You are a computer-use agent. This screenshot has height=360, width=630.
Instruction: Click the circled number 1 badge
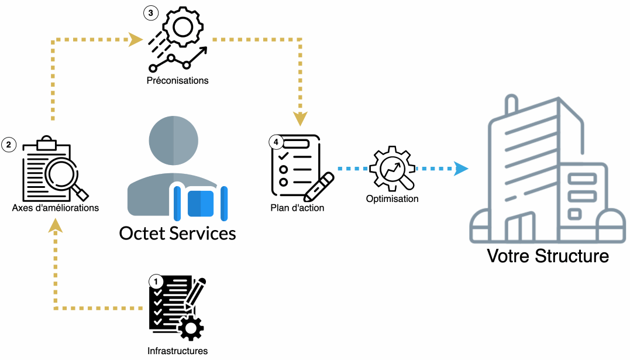(x=156, y=282)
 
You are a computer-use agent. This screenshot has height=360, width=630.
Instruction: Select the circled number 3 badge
(x=150, y=13)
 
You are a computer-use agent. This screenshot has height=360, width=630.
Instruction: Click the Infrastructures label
(x=177, y=351)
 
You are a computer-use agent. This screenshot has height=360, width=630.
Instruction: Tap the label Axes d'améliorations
(x=56, y=208)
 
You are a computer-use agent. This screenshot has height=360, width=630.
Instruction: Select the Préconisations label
(x=177, y=80)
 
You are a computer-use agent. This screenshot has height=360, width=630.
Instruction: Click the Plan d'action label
(x=297, y=208)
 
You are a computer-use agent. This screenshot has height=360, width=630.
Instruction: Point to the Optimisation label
(x=392, y=199)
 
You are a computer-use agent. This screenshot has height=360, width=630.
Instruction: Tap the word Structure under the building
(x=573, y=256)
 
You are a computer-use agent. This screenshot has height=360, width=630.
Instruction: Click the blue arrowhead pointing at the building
(x=462, y=169)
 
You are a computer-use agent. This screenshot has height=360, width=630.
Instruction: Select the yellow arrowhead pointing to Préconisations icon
(x=136, y=40)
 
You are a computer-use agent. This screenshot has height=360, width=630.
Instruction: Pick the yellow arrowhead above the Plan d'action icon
(x=300, y=119)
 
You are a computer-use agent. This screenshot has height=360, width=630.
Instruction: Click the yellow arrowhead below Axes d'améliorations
(x=55, y=225)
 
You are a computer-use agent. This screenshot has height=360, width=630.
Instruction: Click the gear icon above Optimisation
(x=392, y=169)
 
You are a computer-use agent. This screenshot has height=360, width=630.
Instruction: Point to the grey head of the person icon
(x=173, y=140)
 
